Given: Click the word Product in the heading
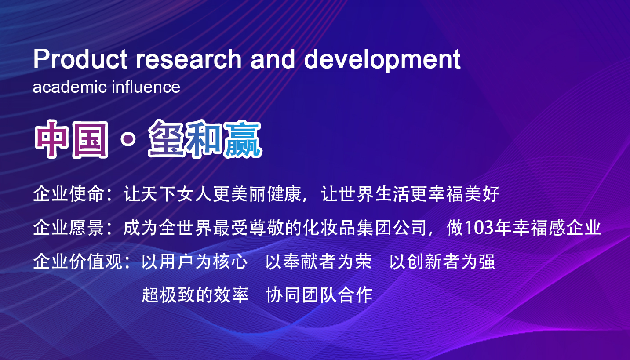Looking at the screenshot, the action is point(80,59).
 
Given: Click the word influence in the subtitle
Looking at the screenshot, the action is point(146,87).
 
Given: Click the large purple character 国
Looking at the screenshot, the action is point(90,140).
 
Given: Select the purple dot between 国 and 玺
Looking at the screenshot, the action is point(128,139).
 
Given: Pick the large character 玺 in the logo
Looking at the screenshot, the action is point(168,139).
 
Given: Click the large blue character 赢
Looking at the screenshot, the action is point(243,139).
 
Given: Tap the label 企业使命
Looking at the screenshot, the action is point(68,194).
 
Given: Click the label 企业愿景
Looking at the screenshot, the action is point(68,228).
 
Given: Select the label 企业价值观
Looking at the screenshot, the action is point(77,262).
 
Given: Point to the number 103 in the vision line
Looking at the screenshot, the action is point(480,228).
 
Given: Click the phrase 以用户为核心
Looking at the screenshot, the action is point(195,262).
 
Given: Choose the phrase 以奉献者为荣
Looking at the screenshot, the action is point(319,262).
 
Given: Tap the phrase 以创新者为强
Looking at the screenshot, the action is point(442,262).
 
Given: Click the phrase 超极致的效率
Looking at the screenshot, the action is point(195,295).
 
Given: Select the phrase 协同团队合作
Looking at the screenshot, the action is point(319,295).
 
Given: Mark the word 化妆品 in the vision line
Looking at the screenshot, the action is point(329,228).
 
